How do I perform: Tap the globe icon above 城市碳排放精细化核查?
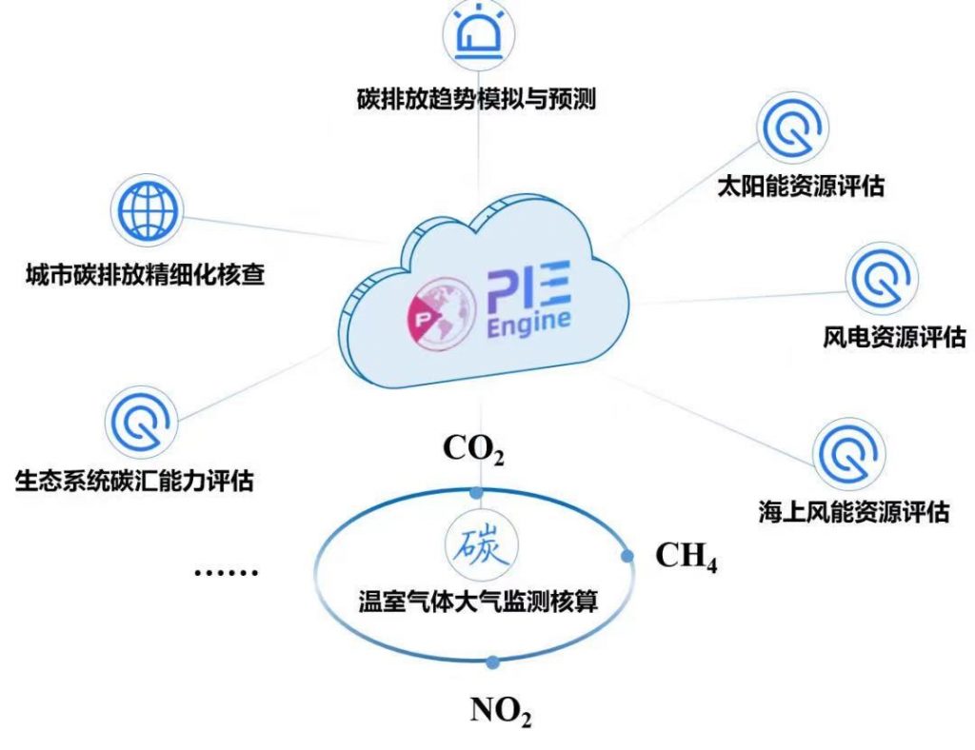tap(145, 207)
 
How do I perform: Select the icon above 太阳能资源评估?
tap(792, 131)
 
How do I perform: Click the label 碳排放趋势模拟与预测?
tap(476, 99)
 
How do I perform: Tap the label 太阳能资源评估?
tap(801, 185)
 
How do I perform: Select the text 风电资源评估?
tap(894, 336)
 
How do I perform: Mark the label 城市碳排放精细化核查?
tap(145, 276)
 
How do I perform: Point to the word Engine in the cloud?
tap(529, 322)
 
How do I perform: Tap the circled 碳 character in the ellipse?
tap(476, 546)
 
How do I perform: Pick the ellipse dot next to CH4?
tap(627, 556)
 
